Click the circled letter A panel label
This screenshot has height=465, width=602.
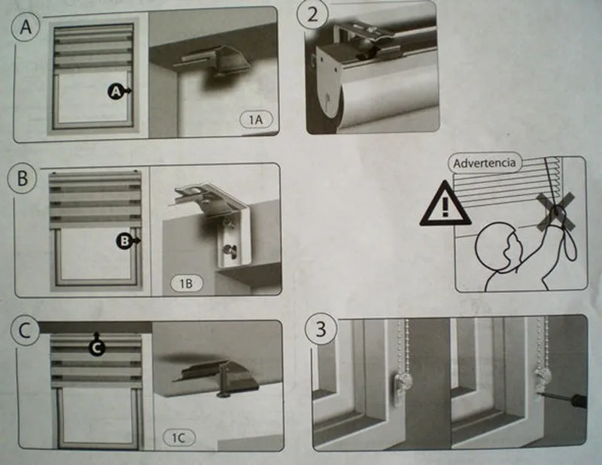click(25, 26)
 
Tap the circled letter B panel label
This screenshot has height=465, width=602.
click(23, 178)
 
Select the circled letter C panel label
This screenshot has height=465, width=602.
click(24, 331)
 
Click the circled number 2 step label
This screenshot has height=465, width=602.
click(312, 14)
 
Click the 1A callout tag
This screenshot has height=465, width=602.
click(256, 119)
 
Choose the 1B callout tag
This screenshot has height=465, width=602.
click(187, 283)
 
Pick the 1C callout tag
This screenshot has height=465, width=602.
click(178, 437)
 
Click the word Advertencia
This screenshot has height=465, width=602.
click(485, 163)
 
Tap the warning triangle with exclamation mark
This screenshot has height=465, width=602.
click(445, 205)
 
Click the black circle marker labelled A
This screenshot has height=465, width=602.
click(116, 91)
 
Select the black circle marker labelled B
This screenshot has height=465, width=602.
click(124, 240)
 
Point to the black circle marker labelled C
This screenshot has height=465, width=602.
click(96, 348)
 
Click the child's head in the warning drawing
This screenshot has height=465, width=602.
click(498, 247)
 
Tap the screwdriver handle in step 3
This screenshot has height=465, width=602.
click(579, 400)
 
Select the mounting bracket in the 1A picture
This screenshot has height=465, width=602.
click(205, 62)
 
